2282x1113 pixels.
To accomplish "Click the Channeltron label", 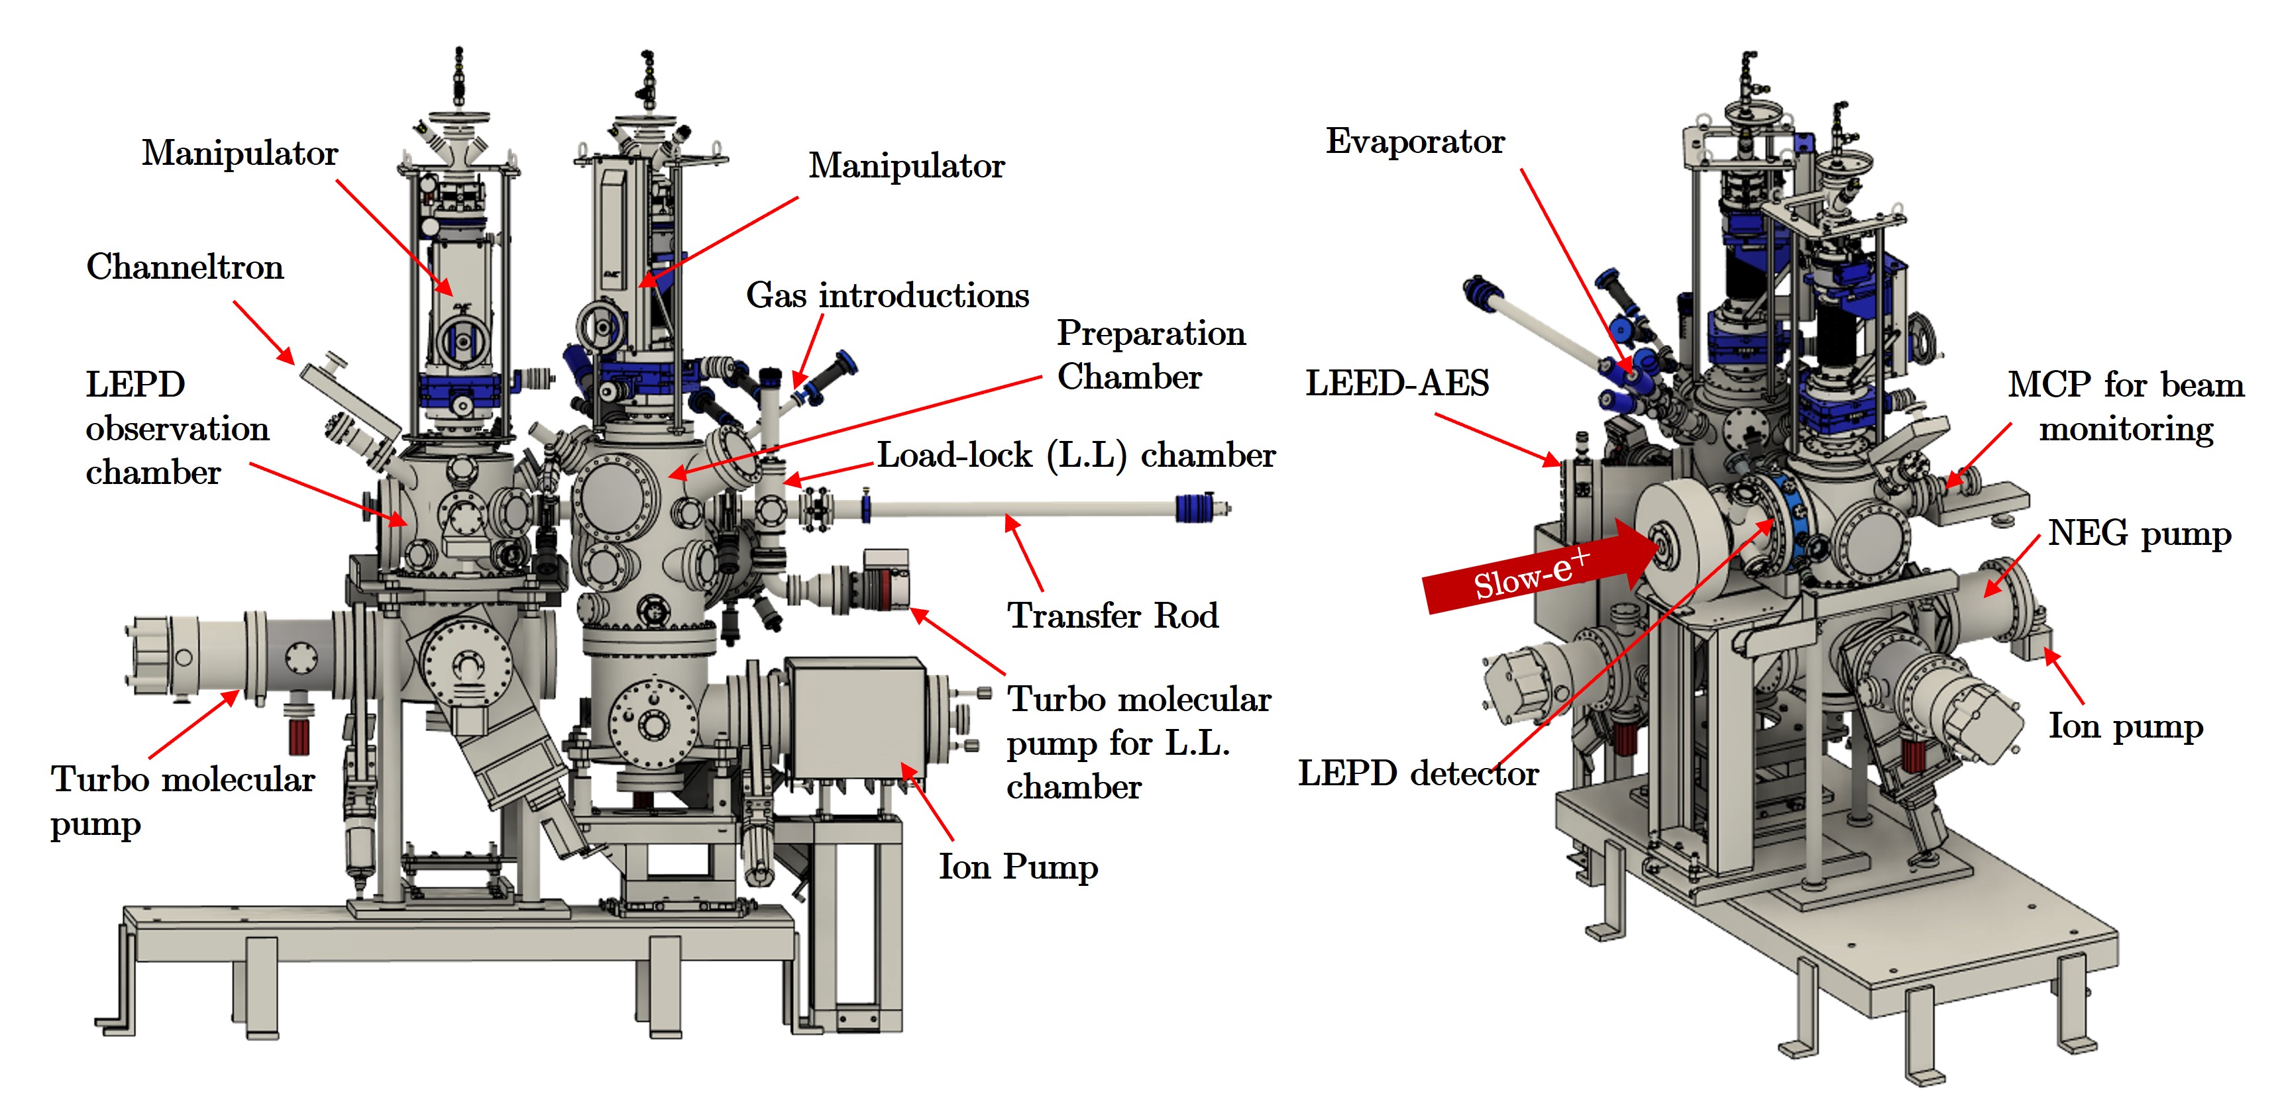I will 185,267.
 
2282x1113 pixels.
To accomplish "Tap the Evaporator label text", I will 1414,142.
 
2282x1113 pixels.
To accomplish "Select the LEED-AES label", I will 1396,383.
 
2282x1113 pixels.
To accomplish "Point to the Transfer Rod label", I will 1112,614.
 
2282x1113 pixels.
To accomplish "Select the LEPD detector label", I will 1417,773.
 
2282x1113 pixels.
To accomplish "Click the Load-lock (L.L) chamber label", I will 1075,455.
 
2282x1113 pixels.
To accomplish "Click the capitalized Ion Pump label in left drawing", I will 1018,866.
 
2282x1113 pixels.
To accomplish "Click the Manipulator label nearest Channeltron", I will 239,153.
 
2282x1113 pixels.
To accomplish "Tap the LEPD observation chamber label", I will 176,428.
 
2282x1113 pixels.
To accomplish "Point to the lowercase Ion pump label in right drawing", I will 2124,726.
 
